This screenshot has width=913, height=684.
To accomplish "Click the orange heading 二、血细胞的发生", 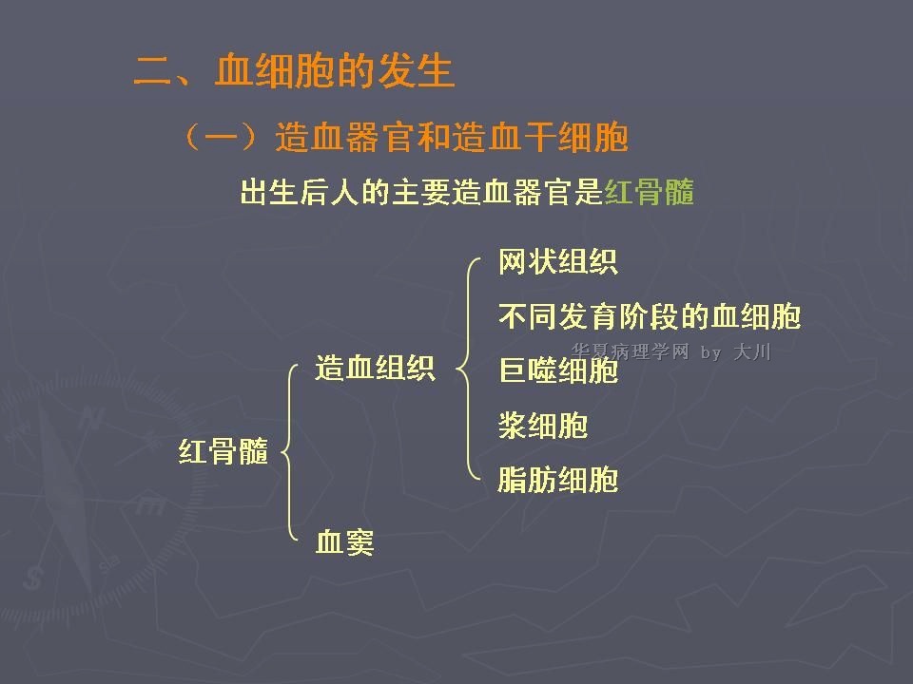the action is coord(294,71).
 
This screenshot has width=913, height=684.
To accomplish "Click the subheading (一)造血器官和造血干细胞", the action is coord(406,138).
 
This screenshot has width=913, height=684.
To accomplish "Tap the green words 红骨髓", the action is coord(650,192).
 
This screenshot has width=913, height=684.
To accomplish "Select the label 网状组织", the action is coord(558,262).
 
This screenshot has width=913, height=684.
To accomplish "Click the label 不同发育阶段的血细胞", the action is coord(650,316).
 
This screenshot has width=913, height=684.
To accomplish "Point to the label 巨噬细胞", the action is coord(558,370).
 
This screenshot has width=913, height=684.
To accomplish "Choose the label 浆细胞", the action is coord(543,426).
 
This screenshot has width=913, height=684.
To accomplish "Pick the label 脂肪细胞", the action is coord(558,480).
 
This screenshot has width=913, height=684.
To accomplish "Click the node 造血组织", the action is coord(375,369).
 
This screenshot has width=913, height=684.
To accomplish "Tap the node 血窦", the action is coord(344,542).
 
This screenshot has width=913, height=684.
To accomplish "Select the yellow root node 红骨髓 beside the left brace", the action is coord(223,451).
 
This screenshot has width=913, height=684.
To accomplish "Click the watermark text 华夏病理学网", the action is coord(630,351).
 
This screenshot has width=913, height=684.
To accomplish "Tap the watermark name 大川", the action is coord(752,351).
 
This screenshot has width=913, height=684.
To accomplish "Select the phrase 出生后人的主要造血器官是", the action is coord(421,192).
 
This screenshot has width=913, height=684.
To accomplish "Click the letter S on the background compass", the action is coord(32,578).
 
